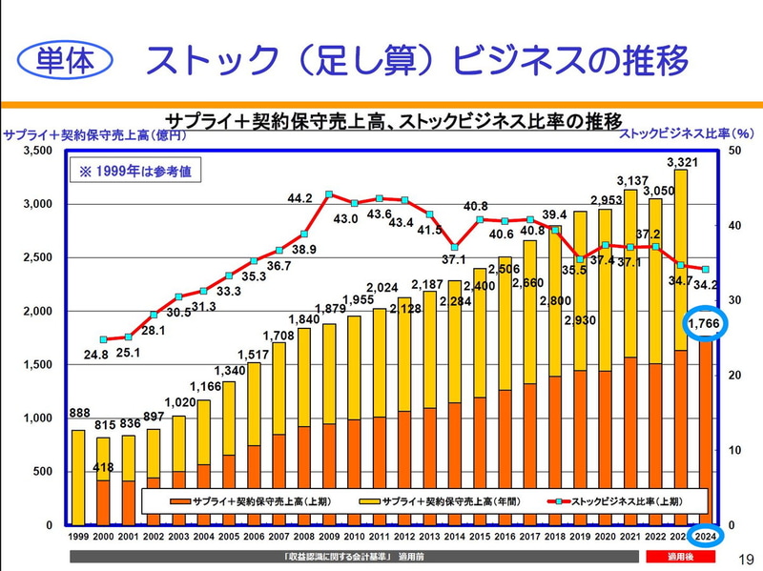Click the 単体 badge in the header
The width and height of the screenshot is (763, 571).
(x=65, y=61)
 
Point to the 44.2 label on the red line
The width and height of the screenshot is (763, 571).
(x=300, y=198)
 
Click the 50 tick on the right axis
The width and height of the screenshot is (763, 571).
(x=732, y=151)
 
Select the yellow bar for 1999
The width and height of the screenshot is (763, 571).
(x=78, y=477)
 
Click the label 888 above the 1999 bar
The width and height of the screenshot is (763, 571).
(x=78, y=414)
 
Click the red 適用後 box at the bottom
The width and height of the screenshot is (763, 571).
(x=680, y=556)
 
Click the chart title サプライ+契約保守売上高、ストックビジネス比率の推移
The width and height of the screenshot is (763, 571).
(x=393, y=121)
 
